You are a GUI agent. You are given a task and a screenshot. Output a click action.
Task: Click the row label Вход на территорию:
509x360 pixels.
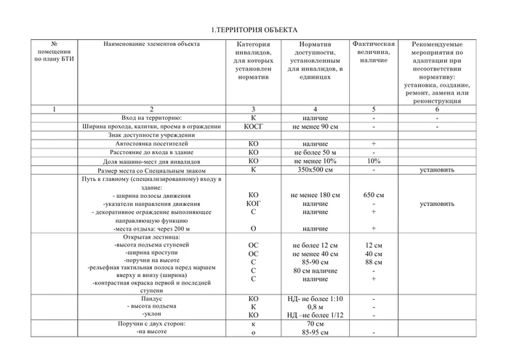point(151,117)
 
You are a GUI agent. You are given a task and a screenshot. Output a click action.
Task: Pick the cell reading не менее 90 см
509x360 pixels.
point(310,126)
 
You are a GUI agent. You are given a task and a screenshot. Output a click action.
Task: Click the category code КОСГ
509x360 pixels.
point(253,126)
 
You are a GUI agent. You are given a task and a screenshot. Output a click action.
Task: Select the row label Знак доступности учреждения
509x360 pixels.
point(151,135)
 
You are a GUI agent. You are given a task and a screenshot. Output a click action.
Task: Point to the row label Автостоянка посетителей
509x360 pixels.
point(151,144)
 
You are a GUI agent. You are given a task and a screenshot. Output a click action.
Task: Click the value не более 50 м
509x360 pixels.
point(310,153)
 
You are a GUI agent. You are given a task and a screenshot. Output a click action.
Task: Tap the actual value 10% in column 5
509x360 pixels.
point(374,161)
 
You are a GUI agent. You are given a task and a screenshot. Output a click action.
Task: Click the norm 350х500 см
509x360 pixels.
point(310,170)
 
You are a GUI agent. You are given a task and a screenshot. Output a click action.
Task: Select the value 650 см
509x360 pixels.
point(374,195)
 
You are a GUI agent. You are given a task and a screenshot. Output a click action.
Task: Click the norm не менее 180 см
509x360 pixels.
point(310,195)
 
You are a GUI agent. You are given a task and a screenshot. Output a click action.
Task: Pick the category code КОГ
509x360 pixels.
point(253,204)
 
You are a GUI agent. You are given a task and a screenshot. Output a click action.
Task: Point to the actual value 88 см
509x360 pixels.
point(374,262)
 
